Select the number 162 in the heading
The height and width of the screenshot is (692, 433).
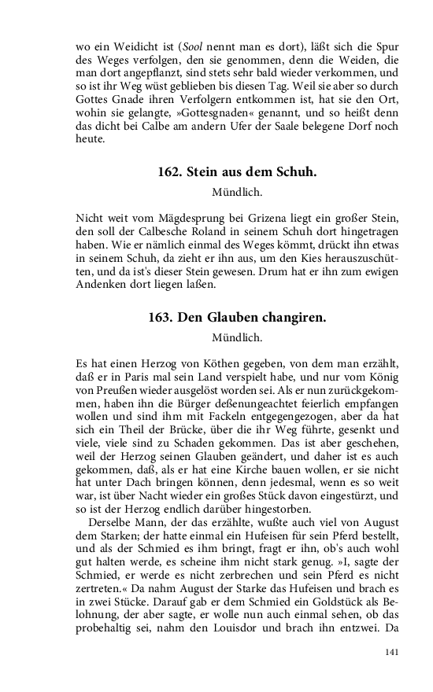tap(169, 172)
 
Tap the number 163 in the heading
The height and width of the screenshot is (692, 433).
tap(161, 318)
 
